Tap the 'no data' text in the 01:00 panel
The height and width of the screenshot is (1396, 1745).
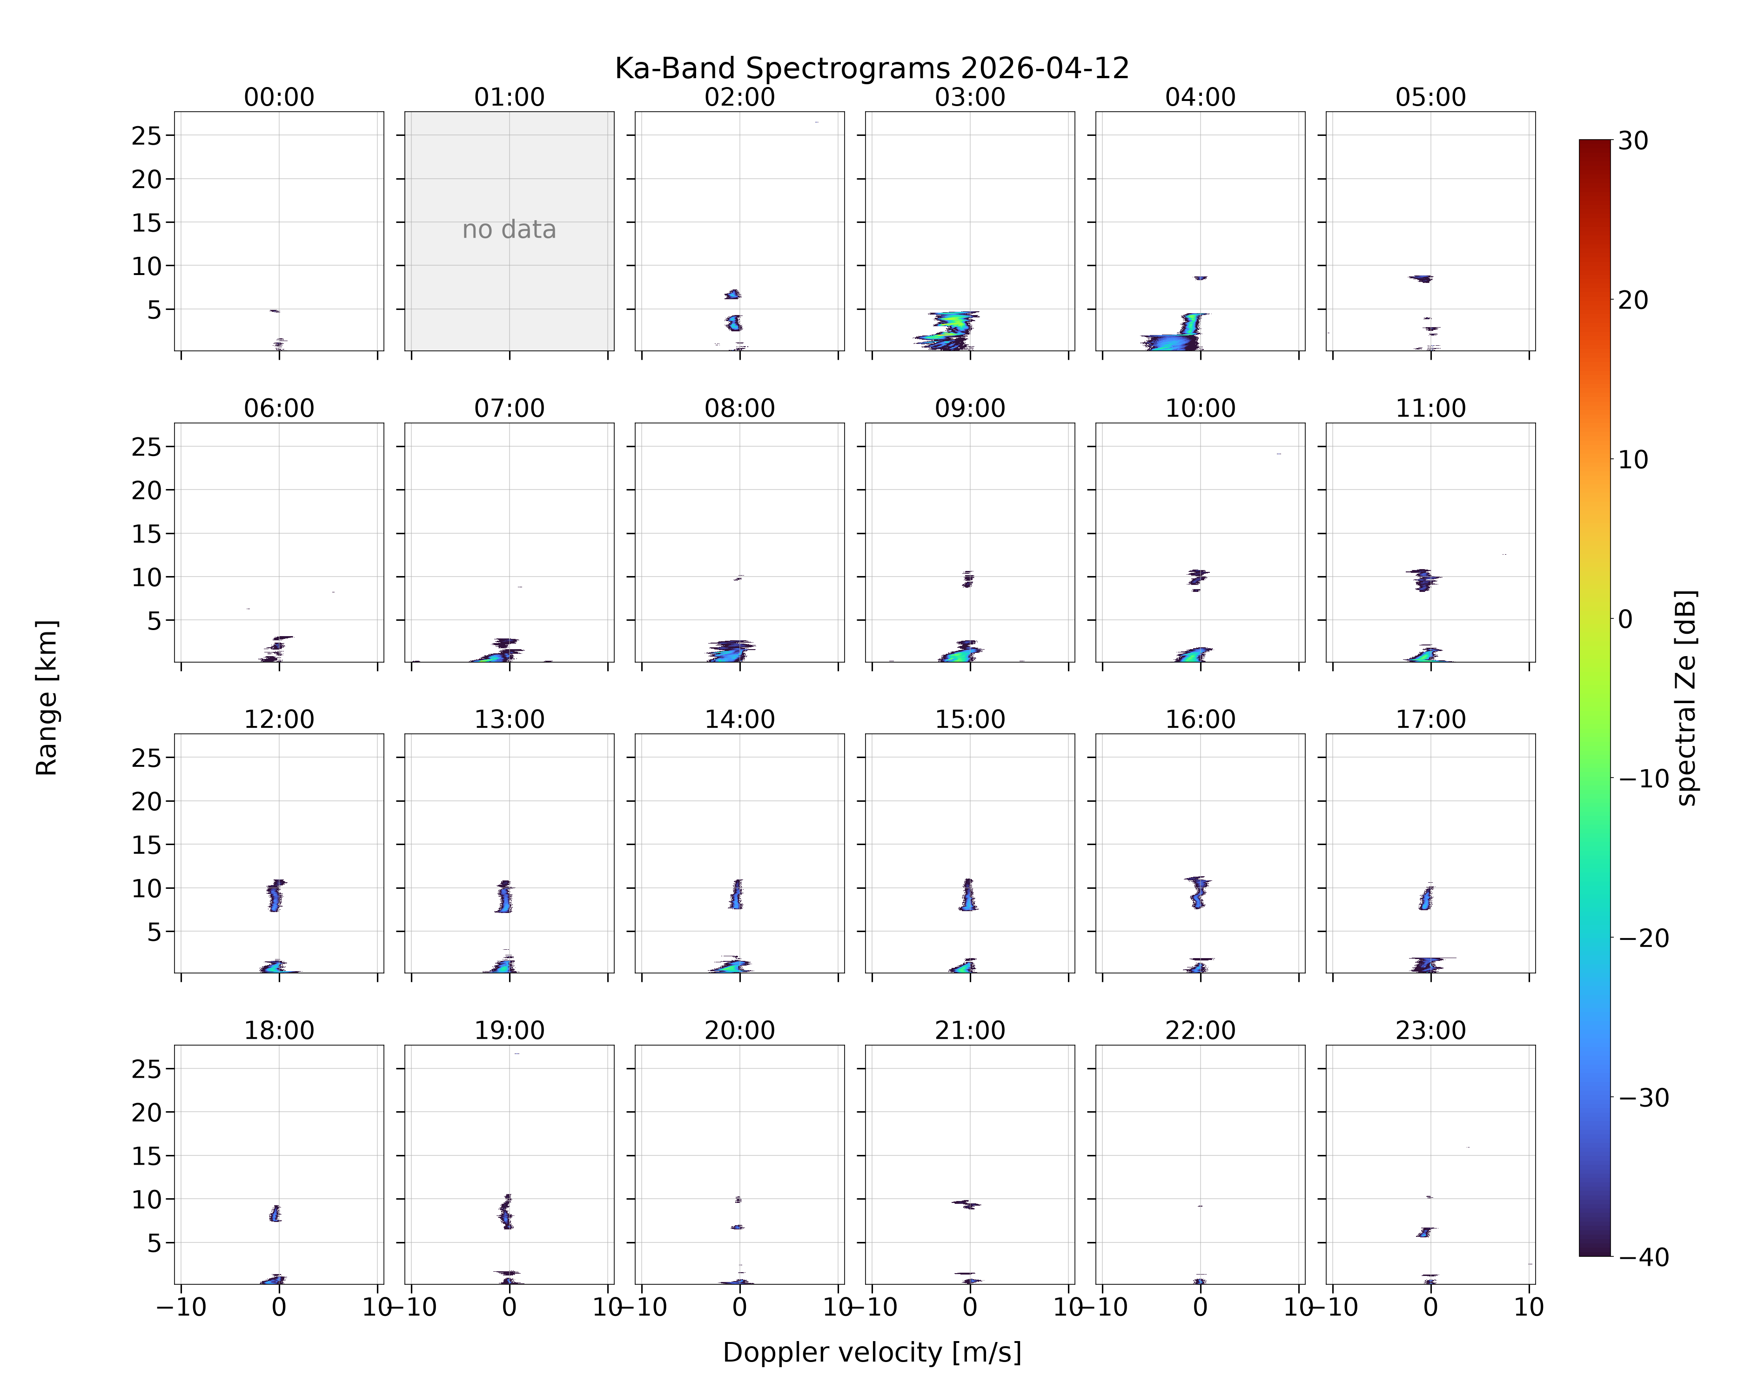pos(509,230)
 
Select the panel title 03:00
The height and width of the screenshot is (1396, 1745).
pos(970,97)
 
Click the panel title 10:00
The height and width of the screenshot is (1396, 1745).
pos(1200,408)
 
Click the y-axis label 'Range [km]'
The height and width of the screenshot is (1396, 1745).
pos(47,698)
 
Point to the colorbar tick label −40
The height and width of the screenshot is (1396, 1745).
pos(1643,1257)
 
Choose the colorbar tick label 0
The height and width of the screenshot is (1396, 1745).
pos(1625,619)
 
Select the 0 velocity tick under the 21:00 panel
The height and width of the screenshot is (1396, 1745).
pos(970,1307)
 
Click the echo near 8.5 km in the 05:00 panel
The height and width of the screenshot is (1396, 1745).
pos(1421,278)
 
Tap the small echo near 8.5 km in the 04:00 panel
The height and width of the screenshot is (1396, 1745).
pos(1200,278)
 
